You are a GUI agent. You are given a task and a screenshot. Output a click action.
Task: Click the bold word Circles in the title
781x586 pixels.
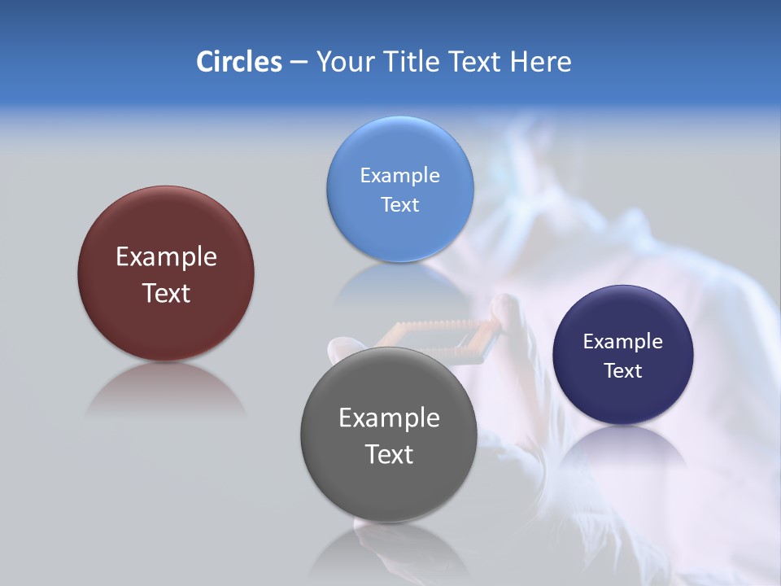tap(238, 62)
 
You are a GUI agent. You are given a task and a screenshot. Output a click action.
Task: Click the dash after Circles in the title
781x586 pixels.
tap(299, 63)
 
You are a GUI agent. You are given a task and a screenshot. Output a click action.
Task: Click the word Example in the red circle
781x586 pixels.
tap(166, 257)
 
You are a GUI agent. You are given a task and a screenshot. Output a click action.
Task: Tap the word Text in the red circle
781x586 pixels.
tap(166, 293)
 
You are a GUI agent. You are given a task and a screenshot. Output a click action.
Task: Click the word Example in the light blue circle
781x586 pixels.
tap(400, 176)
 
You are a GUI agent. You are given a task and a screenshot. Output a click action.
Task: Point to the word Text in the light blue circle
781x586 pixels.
tap(400, 205)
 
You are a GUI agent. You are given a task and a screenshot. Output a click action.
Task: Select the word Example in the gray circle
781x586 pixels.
tap(389, 418)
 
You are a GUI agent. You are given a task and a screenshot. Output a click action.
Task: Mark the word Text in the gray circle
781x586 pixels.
tap(389, 454)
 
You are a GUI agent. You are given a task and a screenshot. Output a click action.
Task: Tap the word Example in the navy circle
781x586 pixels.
tap(623, 342)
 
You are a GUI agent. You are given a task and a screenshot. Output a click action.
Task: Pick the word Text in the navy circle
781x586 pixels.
tap(623, 371)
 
